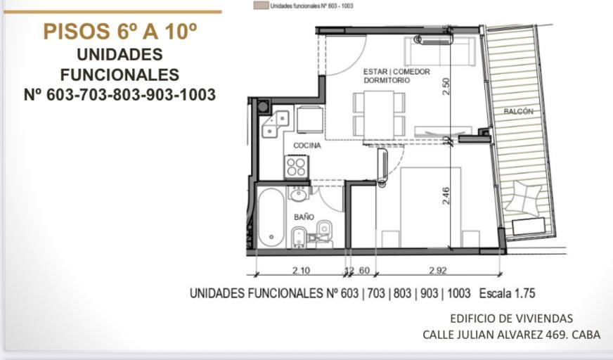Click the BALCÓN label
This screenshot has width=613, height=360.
pos(518,111)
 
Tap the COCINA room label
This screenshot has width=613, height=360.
pos(307,146)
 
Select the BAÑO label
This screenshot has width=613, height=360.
pos(304,217)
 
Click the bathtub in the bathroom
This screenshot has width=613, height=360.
pos(271,217)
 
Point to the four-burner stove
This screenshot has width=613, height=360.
pos(297,167)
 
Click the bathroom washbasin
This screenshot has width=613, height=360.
pos(299,193)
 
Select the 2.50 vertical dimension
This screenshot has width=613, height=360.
pos(446,86)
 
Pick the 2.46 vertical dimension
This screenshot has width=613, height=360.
pos(446,195)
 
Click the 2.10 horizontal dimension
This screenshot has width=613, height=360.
pos(301,270)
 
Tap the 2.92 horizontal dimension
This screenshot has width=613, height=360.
pos(437,270)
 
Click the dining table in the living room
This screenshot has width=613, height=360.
pos(378,114)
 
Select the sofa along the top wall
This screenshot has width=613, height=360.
pos(440,51)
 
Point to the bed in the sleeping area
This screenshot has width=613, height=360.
pos(430,207)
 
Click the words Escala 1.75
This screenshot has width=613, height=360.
pos(507,293)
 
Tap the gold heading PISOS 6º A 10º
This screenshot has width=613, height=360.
pos(120,32)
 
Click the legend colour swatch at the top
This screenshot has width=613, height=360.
pos(261,6)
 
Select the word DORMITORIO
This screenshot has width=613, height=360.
pos(387,80)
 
